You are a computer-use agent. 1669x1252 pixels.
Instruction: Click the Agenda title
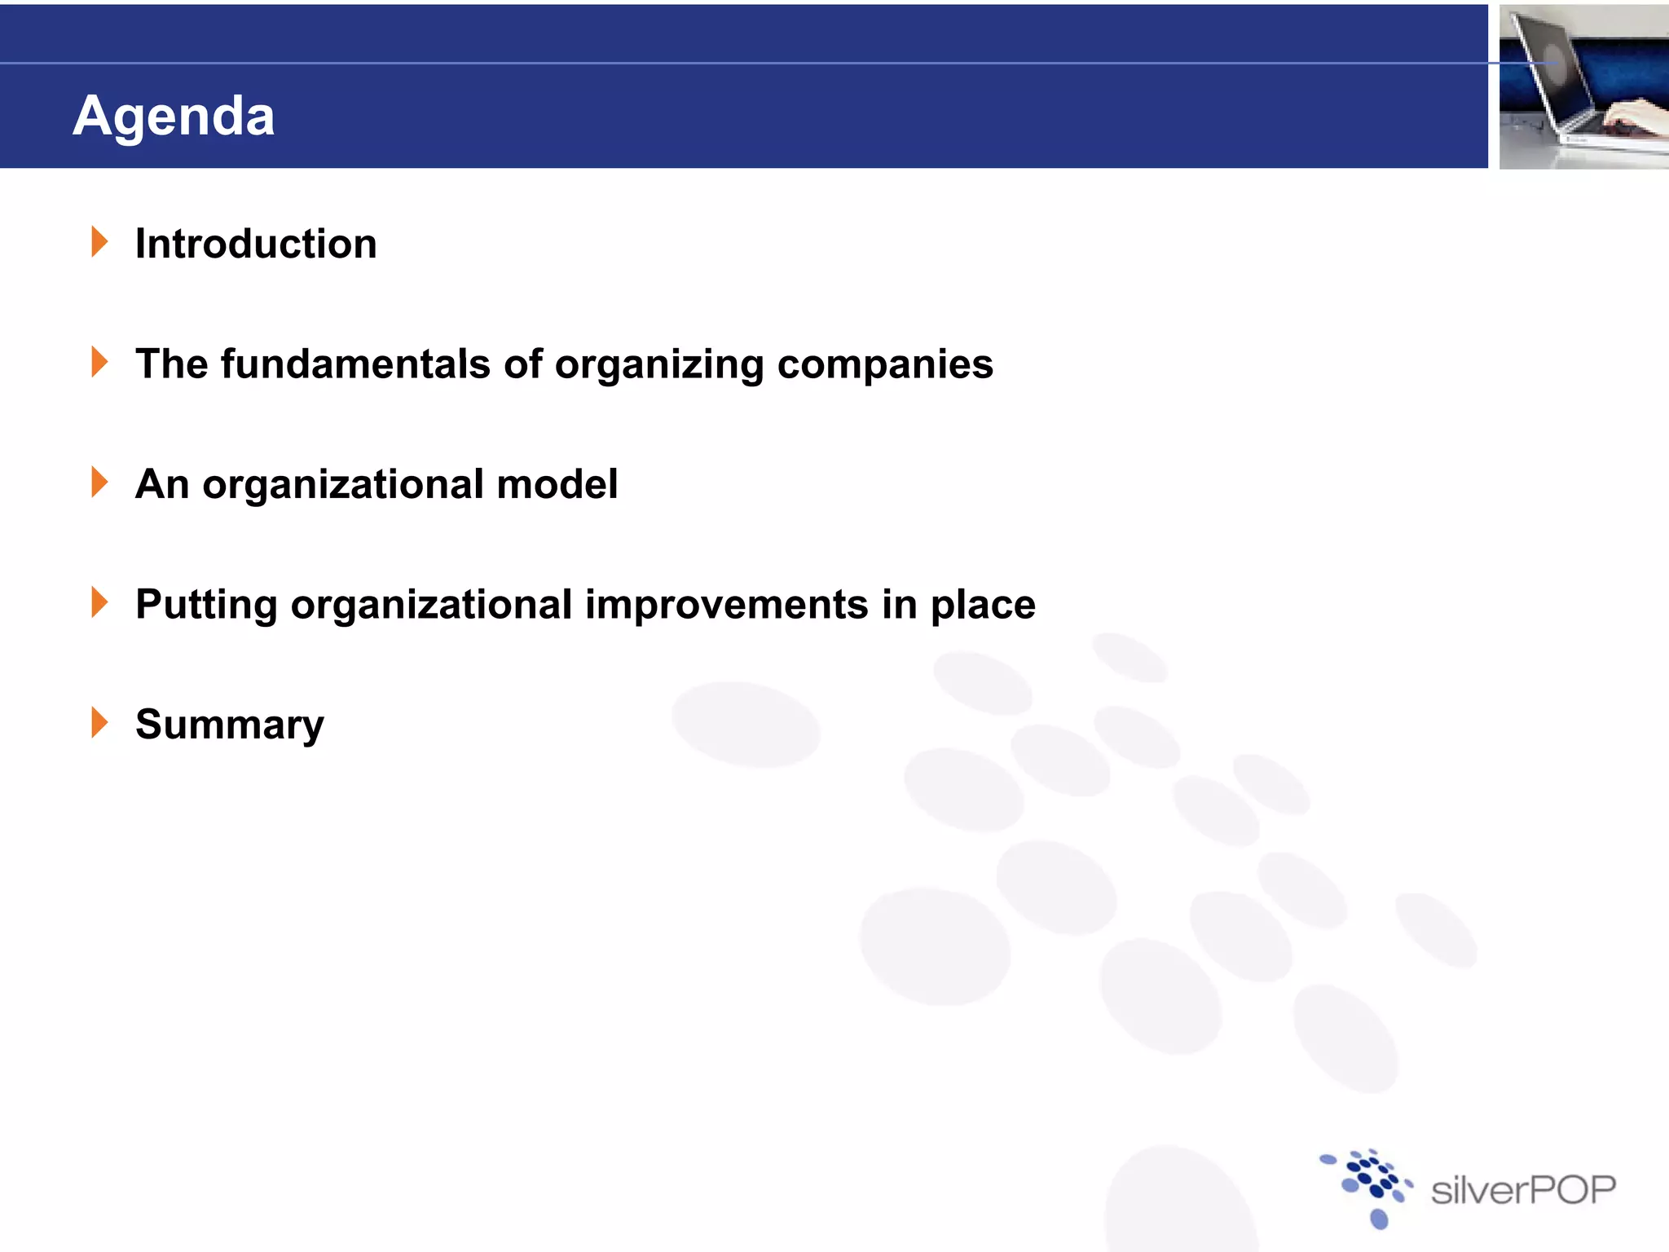pos(174,116)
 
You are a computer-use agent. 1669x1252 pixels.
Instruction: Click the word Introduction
pos(256,244)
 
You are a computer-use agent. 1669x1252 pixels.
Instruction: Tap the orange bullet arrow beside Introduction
pos(99,242)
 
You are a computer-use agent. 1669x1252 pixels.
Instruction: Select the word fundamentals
pos(355,364)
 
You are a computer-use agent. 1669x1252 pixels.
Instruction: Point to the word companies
pos(885,364)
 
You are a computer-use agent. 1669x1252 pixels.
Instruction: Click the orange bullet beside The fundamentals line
pos(99,362)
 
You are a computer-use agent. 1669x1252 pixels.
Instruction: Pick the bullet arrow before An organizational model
pos(99,482)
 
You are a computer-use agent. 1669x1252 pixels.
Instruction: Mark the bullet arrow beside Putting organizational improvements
pos(99,602)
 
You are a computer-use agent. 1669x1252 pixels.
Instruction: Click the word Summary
pos(230,725)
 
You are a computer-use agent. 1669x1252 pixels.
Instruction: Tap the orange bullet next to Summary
pos(99,722)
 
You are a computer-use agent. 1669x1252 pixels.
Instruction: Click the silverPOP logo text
pos(1523,1190)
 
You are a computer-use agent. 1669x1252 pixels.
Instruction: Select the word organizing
pos(659,364)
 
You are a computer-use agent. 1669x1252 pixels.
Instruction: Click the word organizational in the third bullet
pos(343,484)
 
